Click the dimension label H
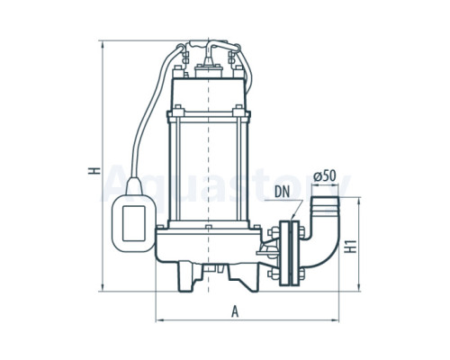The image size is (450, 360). point(94,170)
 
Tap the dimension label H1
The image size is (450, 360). point(350,247)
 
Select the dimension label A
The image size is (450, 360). point(235,311)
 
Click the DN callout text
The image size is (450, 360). point(283,193)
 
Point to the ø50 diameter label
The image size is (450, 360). point(325,176)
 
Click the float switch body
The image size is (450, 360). point(133,223)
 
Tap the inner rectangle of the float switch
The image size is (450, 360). point(134,223)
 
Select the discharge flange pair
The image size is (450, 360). point(289,253)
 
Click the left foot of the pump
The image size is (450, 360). point(188,277)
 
